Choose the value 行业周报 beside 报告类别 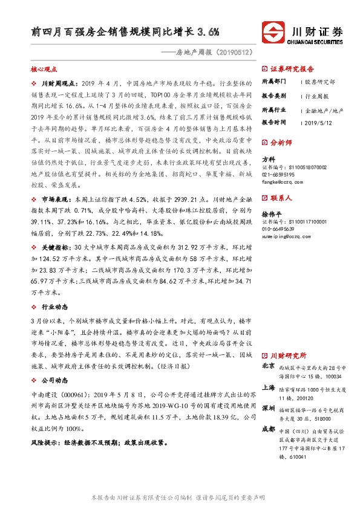click(x=315, y=96)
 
